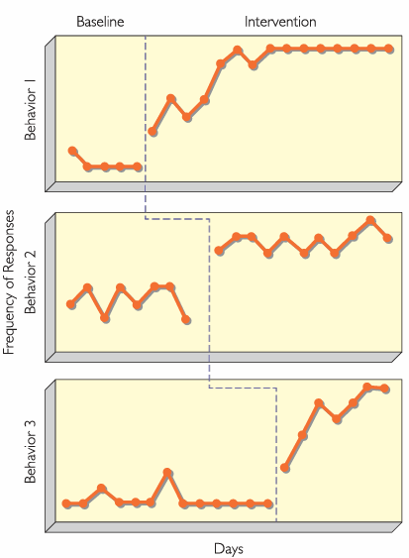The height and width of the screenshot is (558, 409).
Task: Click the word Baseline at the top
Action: [100, 20]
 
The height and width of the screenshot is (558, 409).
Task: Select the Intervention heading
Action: [280, 20]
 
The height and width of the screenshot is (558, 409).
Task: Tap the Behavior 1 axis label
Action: [30, 108]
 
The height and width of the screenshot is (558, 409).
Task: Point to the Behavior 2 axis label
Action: [30, 281]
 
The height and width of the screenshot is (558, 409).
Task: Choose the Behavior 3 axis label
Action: [30, 452]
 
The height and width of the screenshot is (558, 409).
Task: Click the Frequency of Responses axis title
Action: [10, 281]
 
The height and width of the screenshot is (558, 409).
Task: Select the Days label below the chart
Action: [228, 547]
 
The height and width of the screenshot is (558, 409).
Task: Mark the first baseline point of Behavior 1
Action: [71, 151]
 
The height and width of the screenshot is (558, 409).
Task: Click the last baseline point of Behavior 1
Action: [137, 167]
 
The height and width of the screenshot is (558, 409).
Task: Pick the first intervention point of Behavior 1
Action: [153, 132]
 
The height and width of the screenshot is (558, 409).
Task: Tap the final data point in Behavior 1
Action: [388, 49]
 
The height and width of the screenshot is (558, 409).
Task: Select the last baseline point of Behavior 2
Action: [187, 319]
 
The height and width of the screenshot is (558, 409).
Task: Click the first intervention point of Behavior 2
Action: [219, 250]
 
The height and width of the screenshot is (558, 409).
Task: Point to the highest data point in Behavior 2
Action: [370, 220]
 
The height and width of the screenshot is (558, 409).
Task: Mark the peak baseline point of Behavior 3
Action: [167, 473]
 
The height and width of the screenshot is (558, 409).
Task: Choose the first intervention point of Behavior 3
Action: [285, 467]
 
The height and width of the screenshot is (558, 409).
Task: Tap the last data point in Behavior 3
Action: [384, 389]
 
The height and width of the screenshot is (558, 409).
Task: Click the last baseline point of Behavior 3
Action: [268, 503]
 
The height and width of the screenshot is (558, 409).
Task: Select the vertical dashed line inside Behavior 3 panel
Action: [275, 456]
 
